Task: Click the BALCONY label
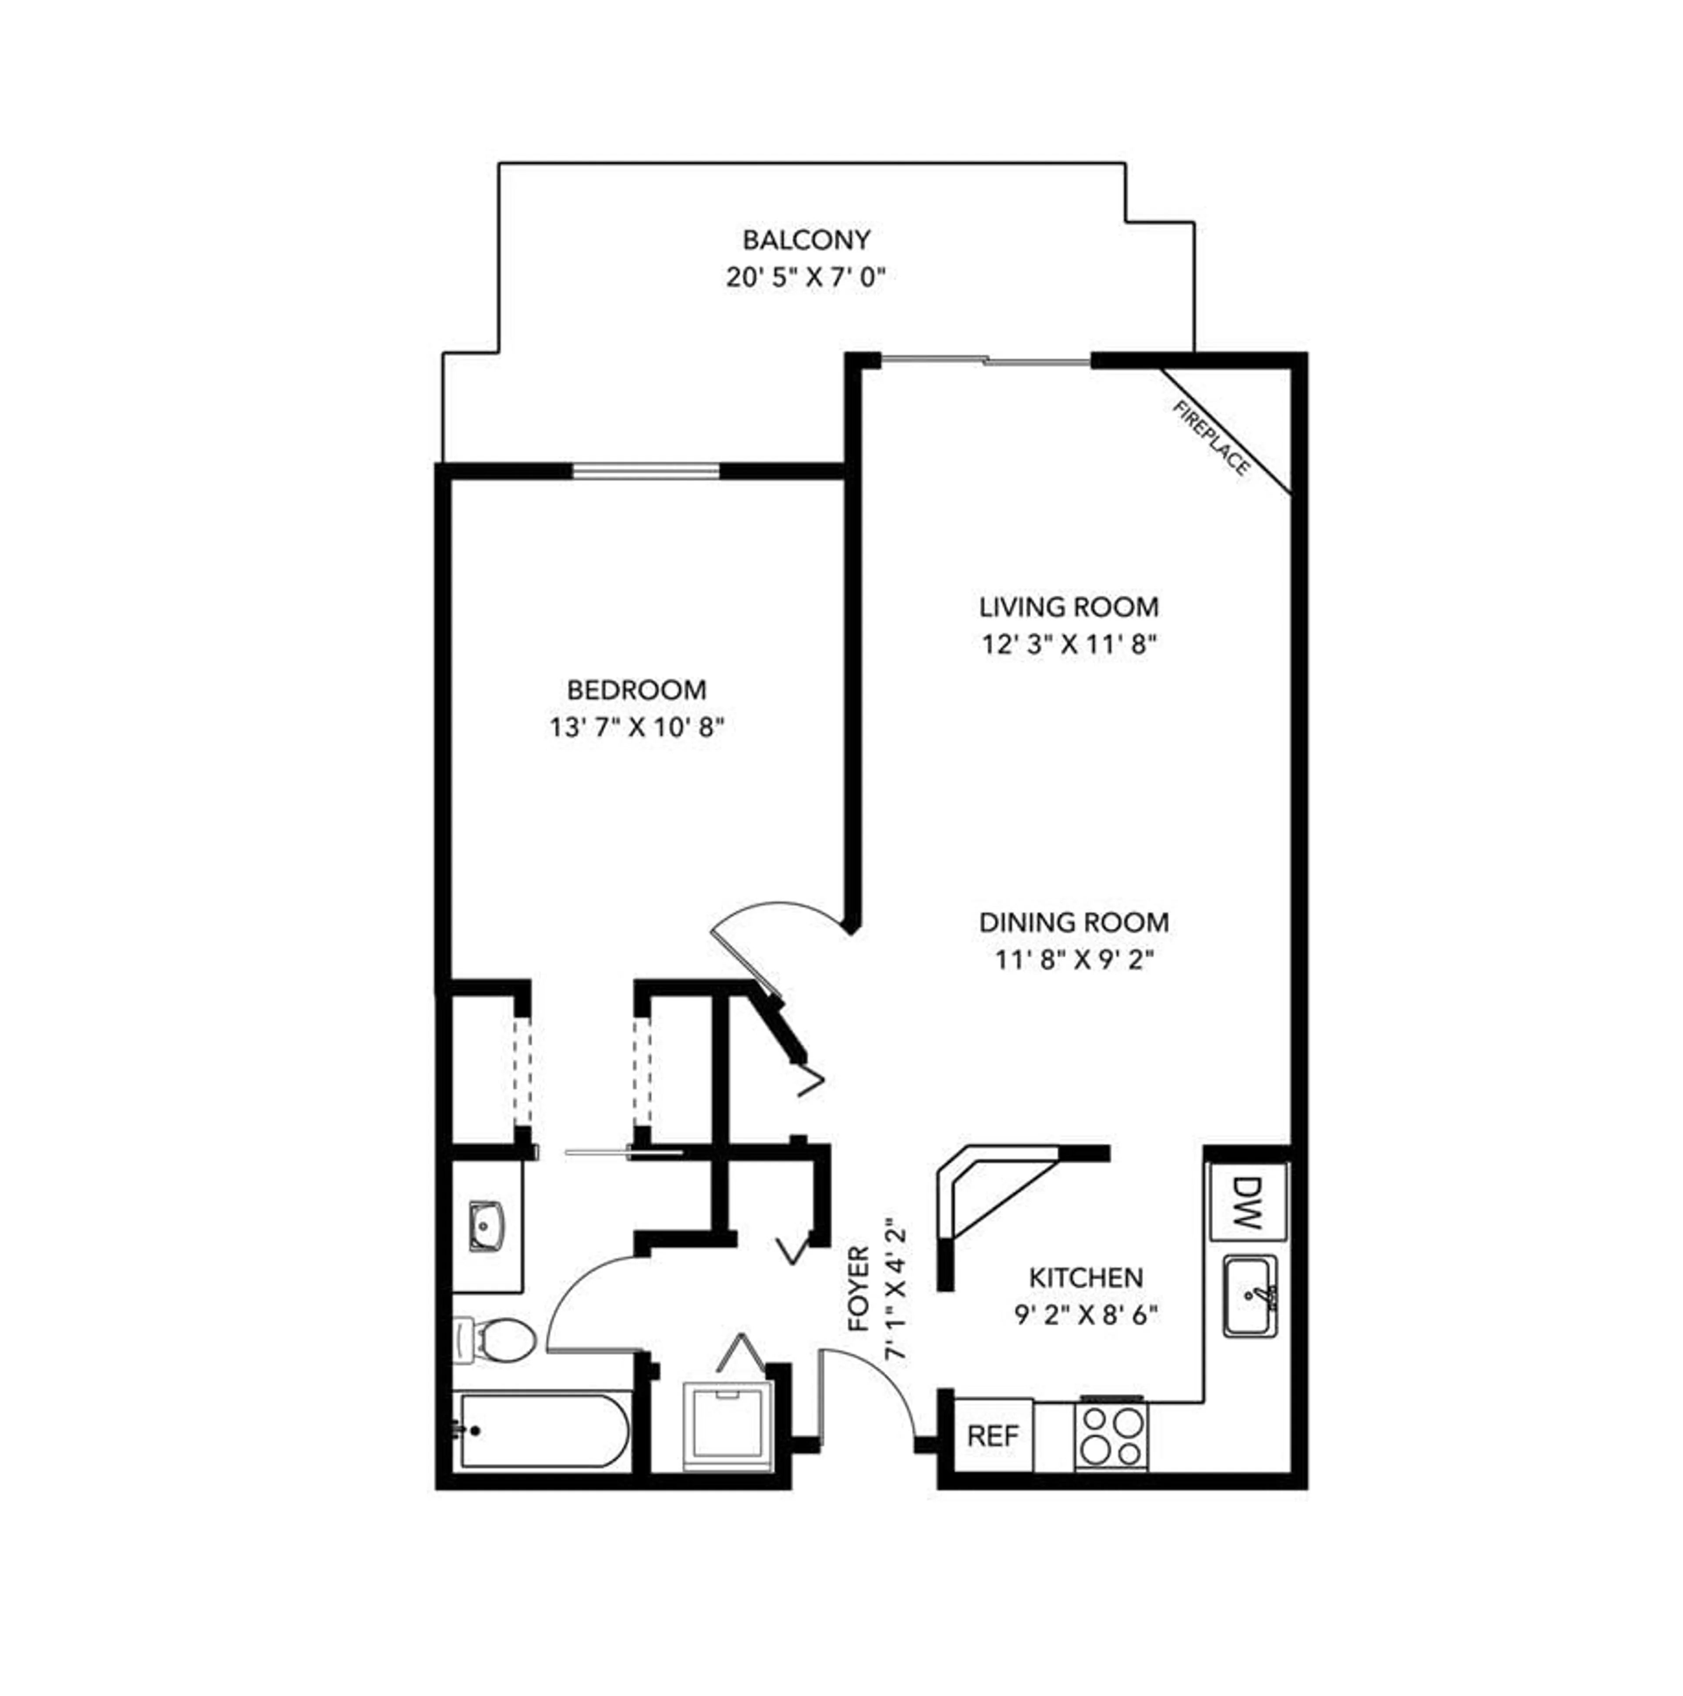click(x=806, y=240)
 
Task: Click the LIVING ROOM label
click(x=1068, y=607)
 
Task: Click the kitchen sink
click(x=1250, y=1297)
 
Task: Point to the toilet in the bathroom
click(x=497, y=1340)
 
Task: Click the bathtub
click(x=542, y=1432)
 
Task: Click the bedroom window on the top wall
click(x=646, y=471)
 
